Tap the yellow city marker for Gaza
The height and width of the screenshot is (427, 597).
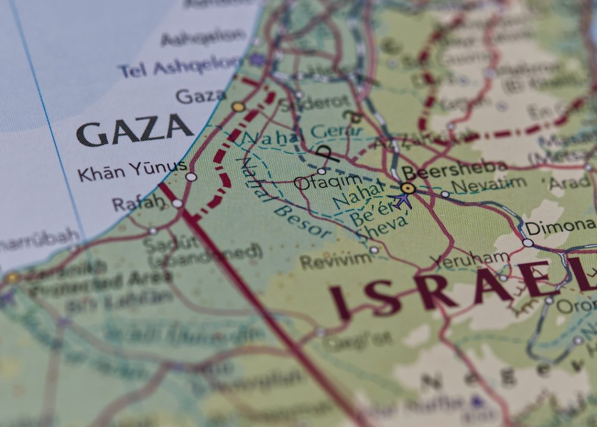point(238,107)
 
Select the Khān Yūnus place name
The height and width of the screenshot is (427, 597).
point(132,170)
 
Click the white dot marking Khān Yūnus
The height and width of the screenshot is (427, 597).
point(191,177)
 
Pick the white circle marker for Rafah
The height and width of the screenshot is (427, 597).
point(178,203)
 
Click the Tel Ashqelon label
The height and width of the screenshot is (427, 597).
point(180,66)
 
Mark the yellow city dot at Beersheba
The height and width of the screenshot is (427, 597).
point(407,188)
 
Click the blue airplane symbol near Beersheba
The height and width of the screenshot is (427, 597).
point(402,200)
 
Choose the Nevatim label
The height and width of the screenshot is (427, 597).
point(489,184)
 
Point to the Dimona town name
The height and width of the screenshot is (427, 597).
point(560,227)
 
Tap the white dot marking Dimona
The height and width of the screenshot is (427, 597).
point(527,243)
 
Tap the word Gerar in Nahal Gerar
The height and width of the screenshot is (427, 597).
point(329,132)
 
